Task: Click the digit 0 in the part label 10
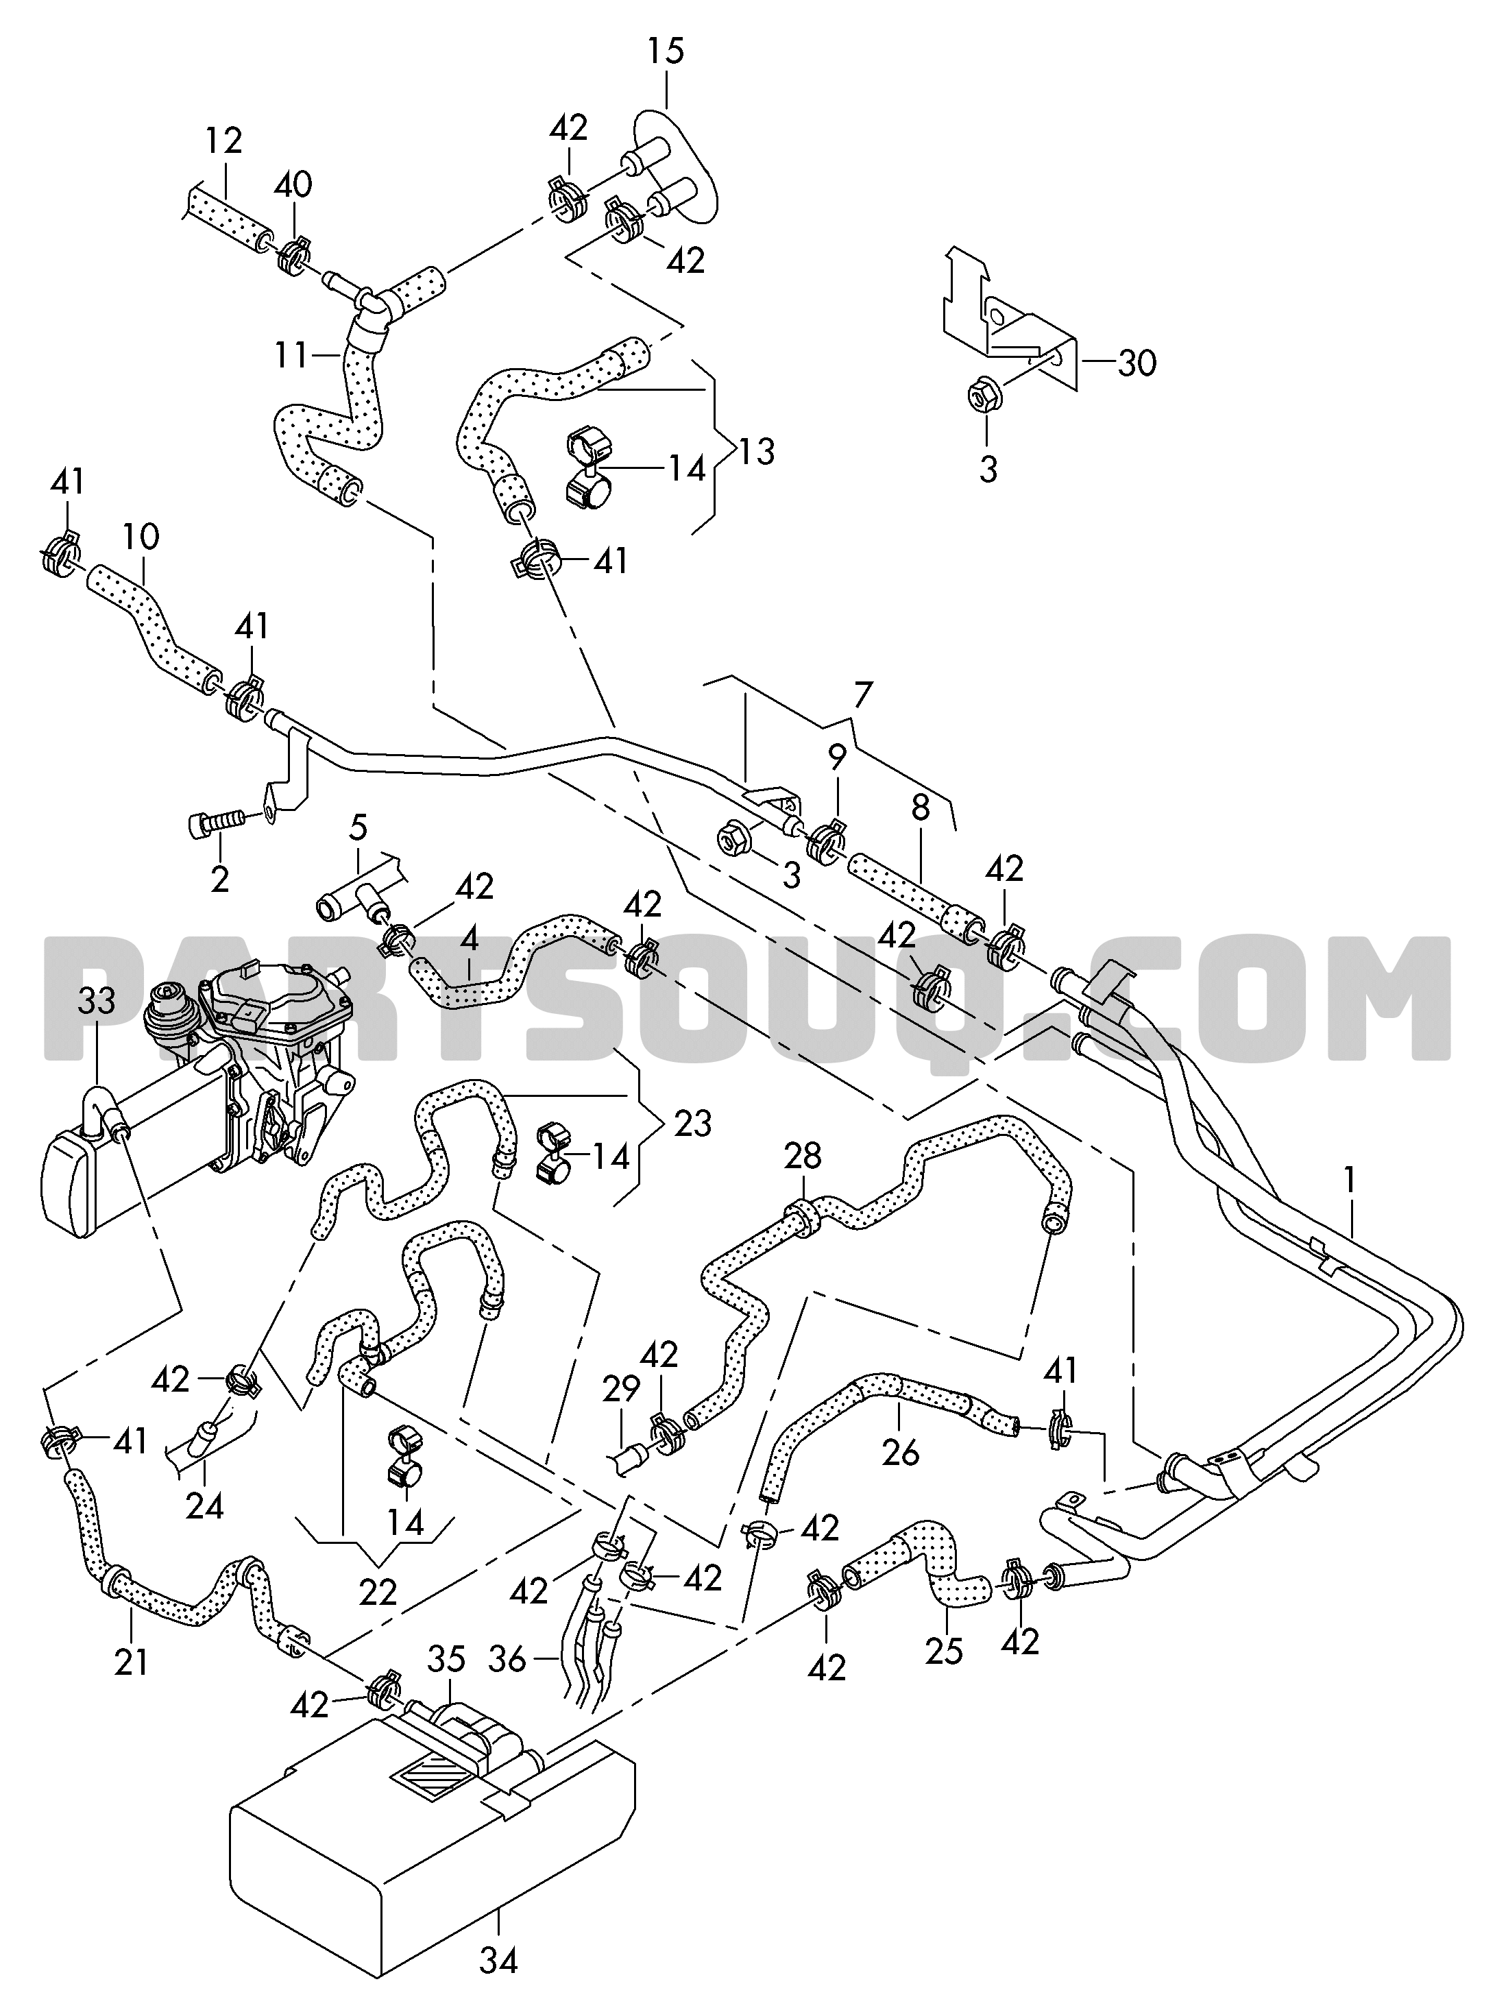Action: click(150, 537)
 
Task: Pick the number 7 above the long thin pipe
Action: click(863, 695)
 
